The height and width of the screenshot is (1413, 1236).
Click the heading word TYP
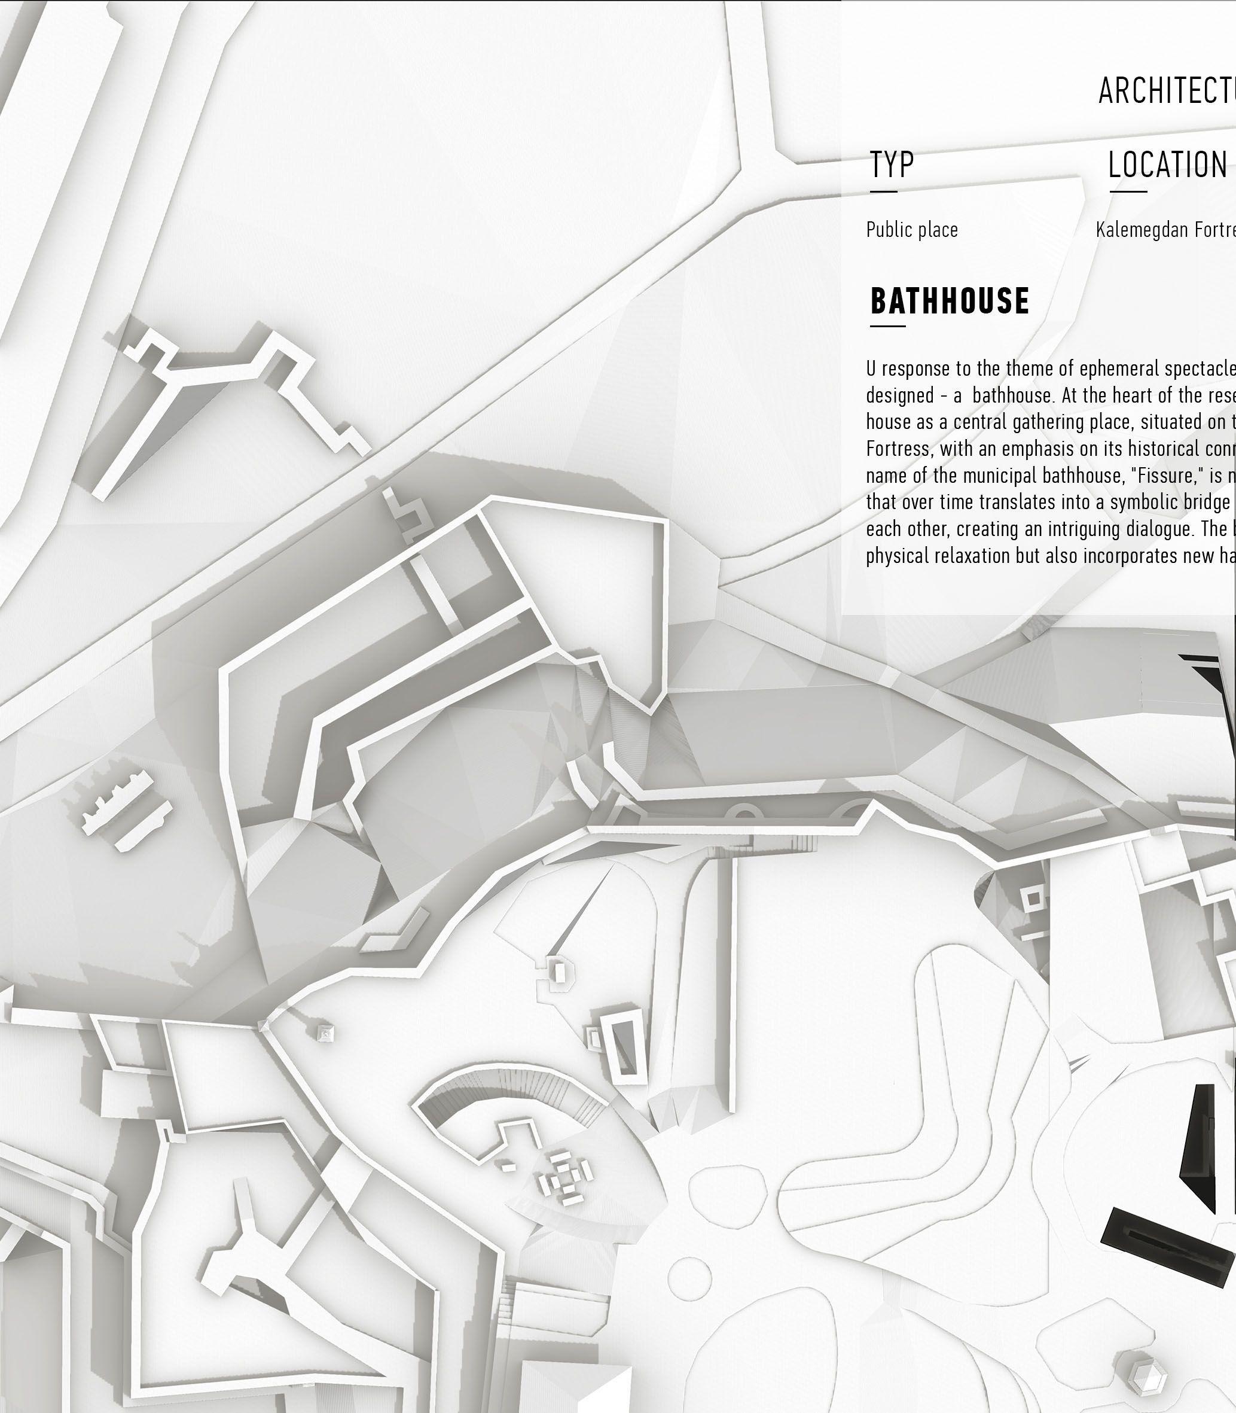892,165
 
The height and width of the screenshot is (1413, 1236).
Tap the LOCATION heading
1167,166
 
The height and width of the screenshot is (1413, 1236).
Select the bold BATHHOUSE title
950,301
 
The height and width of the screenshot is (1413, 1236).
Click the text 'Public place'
912,230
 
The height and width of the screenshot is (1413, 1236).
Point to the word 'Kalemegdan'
1140,230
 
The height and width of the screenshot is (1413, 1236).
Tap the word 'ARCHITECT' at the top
1165,90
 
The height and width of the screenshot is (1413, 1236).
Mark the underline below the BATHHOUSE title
888,325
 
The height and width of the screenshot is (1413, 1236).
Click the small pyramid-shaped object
325,1033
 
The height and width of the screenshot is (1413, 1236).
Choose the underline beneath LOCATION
1128,191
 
